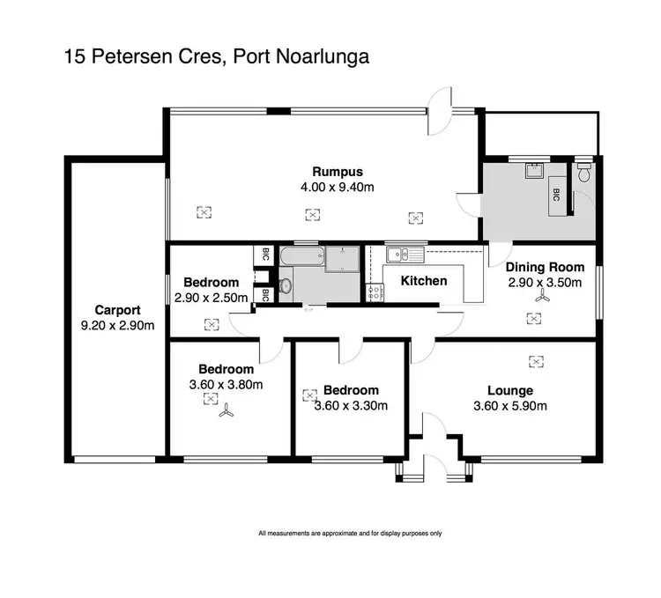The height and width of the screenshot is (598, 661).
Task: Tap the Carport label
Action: (117, 310)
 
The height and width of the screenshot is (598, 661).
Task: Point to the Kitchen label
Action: (424, 281)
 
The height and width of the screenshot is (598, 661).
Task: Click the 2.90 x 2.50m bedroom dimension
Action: (212, 299)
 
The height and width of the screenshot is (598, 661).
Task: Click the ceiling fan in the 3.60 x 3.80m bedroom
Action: (227, 411)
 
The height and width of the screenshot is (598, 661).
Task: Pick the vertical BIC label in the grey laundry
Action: (556, 196)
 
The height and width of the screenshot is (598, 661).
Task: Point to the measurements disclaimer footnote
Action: (350, 533)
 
